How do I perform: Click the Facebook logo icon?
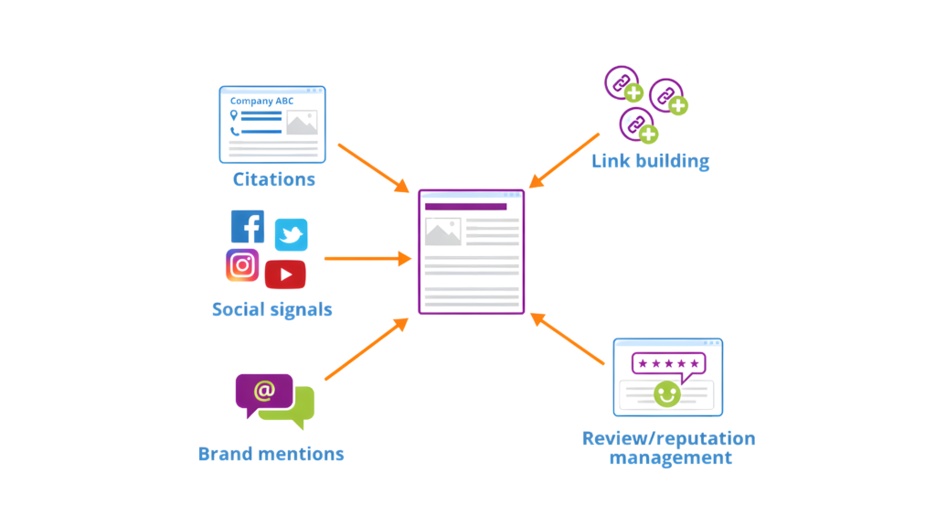[248, 227]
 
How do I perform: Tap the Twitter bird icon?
[291, 235]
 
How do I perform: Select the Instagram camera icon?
[242, 265]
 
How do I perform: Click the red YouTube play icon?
[285, 274]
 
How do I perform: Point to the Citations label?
[274, 179]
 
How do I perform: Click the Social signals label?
[271, 309]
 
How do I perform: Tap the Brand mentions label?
[271, 454]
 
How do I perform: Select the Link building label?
[650, 162]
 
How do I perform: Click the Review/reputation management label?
[668, 447]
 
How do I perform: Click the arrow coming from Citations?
[373, 167]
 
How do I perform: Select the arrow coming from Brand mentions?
[366, 350]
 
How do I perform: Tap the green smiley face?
[666, 393]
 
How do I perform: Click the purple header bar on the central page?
[465, 208]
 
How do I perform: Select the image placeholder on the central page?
[442, 232]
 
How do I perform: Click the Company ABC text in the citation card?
[256, 100]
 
